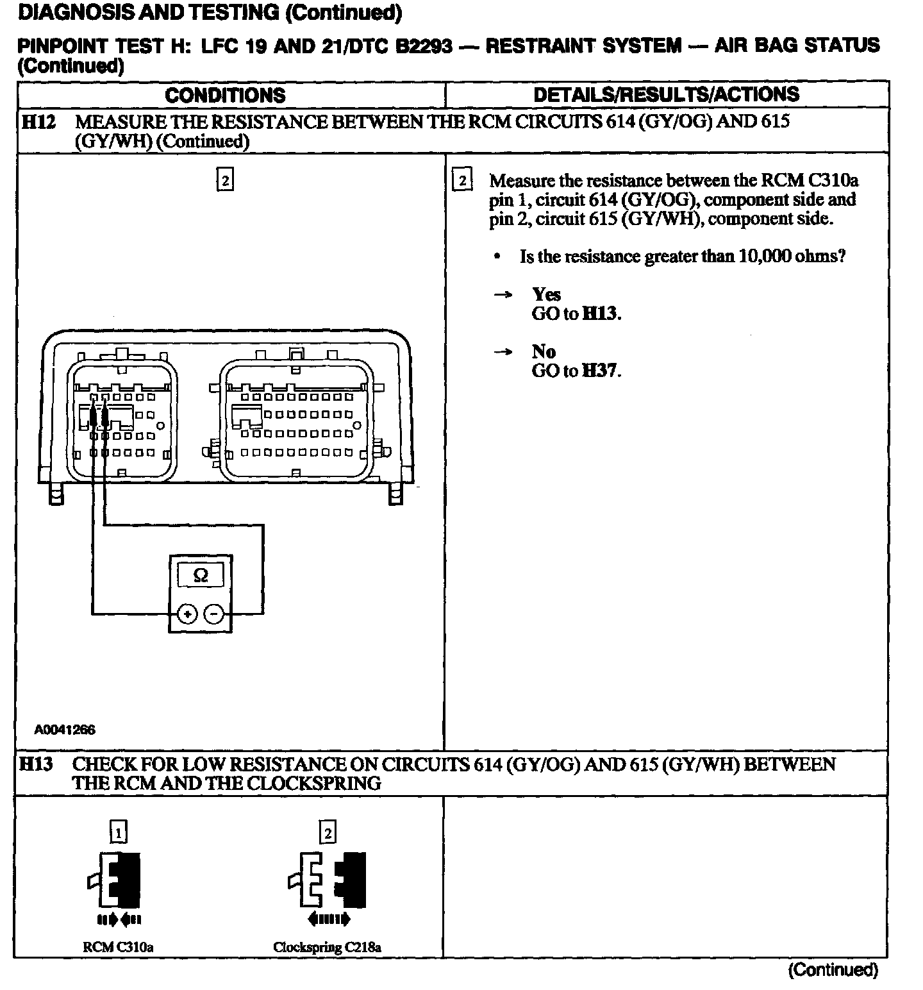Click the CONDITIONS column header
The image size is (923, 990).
point(225,96)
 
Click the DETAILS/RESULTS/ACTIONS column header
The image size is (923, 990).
point(666,94)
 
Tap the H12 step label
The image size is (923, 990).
point(38,122)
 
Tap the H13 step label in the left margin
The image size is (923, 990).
point(37,764)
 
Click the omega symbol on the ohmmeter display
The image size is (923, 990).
point(200,576)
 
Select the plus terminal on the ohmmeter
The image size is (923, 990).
point(187,615)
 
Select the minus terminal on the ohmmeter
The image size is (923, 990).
point(214,615)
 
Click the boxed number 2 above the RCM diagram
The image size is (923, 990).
point(225,180)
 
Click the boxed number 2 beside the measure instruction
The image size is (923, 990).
point(462,180)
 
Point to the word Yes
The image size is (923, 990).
point(546,294)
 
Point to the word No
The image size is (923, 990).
point(544,351)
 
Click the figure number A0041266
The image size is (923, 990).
point(65,729)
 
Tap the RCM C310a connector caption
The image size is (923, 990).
point(118,947)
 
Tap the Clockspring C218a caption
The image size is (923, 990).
point(327,947)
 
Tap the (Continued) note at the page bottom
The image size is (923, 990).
point(832,969)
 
